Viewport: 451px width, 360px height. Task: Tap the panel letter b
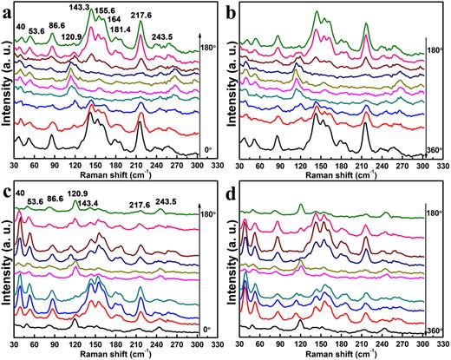click(x=237, y=10)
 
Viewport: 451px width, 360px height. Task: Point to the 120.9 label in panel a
click(x=96, y=38)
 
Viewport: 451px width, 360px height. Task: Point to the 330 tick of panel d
click(x=441, y=344)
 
